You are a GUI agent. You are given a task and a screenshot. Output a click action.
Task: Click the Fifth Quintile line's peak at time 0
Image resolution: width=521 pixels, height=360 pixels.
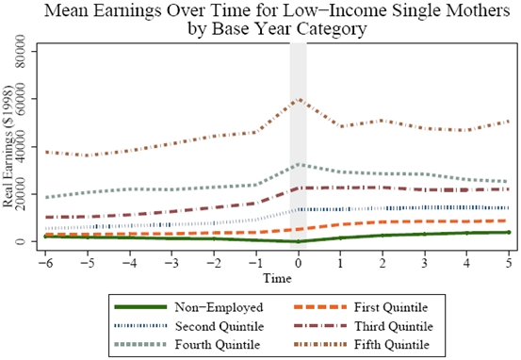tap(299, 98)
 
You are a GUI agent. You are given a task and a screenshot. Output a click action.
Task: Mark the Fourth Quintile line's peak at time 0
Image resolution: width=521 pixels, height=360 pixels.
tap(299, 164)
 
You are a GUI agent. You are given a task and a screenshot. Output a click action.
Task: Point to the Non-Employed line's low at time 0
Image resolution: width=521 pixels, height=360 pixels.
tap(299, 241)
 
